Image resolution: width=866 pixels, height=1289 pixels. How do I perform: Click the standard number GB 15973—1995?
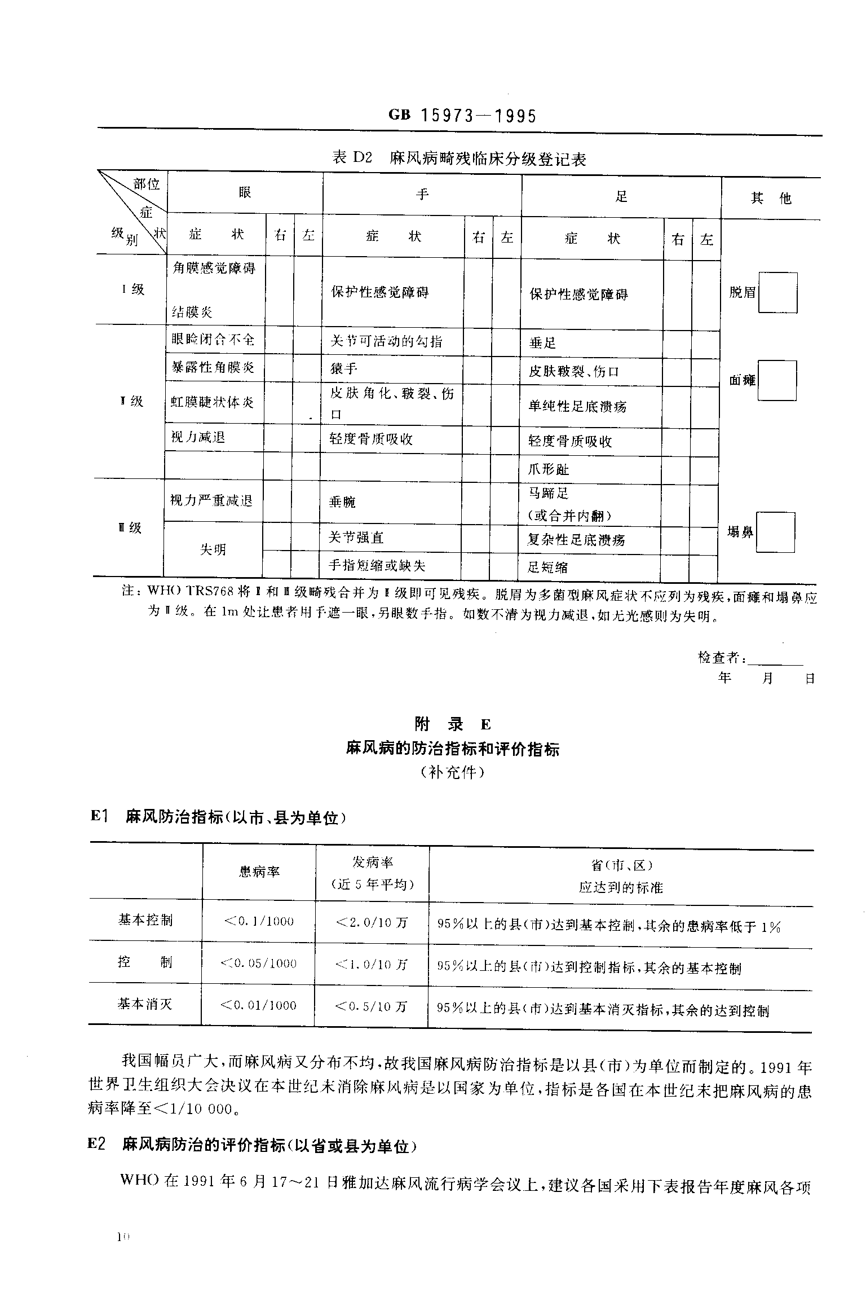tap(462, 116)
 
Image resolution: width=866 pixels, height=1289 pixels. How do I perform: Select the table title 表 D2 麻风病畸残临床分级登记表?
tap(459, 159)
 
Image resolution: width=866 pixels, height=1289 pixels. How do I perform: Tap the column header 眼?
tap(245, 193)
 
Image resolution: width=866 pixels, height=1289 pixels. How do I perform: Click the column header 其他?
tap(771, 198)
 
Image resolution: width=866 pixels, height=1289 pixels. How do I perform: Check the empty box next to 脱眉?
tap(777, 293)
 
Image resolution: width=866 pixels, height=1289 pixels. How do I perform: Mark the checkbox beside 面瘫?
tap(777, 381)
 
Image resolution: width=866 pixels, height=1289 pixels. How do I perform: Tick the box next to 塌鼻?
tap(775, 533)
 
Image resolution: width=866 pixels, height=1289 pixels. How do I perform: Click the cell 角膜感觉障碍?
tap(214, 269)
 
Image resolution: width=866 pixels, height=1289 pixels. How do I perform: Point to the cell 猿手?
tap(344, 369)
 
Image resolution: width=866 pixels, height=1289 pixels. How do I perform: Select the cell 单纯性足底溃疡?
tap(577, 406)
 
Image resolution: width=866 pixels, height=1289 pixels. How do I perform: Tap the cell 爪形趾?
tap(549, 469)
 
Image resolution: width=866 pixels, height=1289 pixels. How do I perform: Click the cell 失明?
tap(213, 549)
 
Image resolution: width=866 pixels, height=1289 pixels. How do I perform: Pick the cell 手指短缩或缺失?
tap(377, 566)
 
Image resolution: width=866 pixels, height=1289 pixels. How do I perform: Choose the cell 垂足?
tap(542, 343)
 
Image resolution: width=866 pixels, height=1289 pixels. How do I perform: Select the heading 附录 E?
tap(453, 724)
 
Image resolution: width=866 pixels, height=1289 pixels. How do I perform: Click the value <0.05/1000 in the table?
tap(259, 964)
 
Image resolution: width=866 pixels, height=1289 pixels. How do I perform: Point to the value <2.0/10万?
tap(372, 922)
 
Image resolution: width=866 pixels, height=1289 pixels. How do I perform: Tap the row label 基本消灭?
tap(145, 1004)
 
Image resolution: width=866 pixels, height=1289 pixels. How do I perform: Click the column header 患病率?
tap(259, 872)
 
